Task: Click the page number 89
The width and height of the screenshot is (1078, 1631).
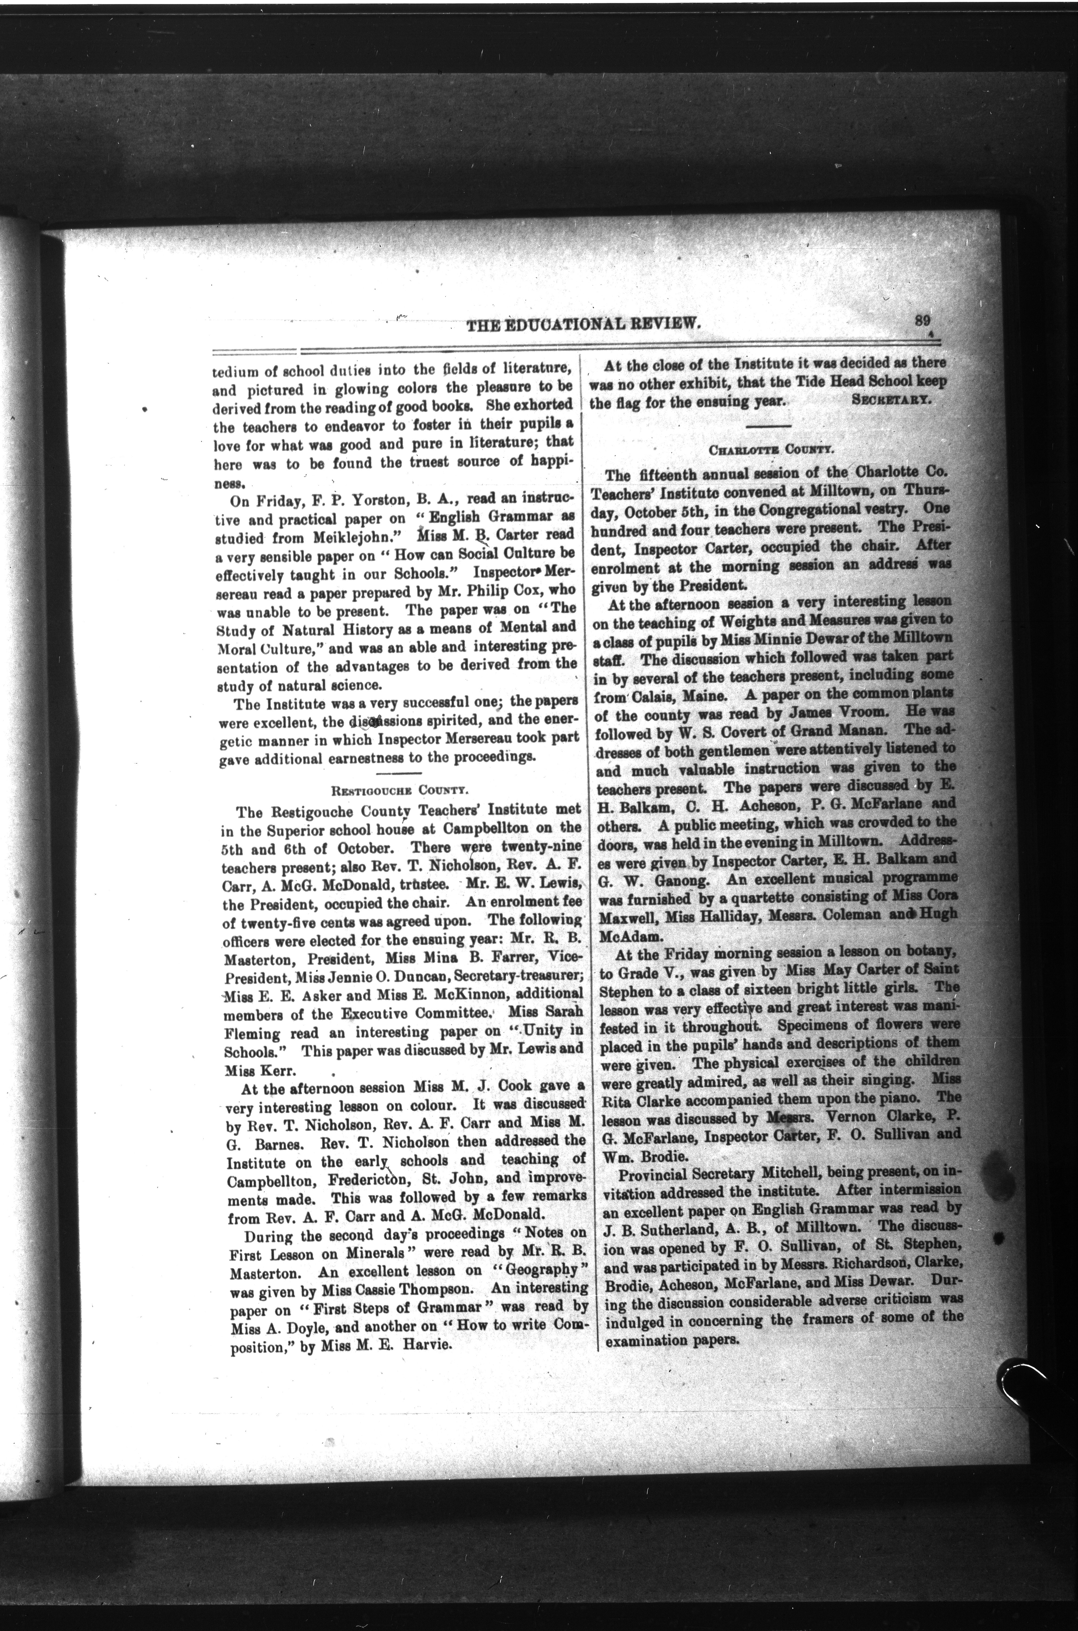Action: tap(923, 320)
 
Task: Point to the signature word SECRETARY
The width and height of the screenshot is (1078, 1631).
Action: tap(892, 400)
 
